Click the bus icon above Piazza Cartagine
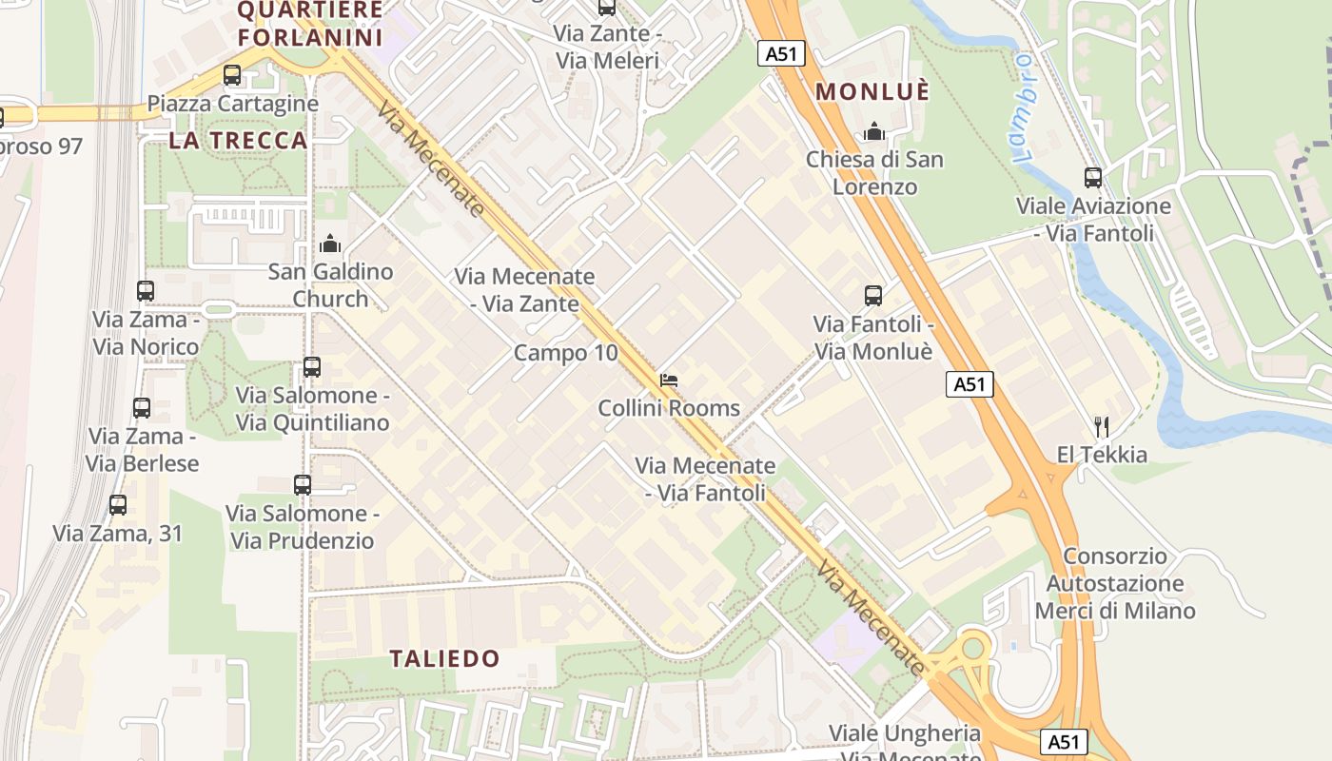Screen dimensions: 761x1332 [232, 75]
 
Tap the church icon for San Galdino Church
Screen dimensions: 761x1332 [330, 244]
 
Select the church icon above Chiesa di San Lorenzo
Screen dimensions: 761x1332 [874, 131]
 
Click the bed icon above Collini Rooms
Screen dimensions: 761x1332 [669, 380]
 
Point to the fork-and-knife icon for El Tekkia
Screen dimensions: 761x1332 [1102, 426]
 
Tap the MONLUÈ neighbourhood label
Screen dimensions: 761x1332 [873, 92]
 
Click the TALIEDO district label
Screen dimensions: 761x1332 [445, 658]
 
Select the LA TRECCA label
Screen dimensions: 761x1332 [238, 141]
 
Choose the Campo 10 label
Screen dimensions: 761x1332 [565, 353]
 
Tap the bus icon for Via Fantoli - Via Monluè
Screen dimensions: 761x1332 [873, 296]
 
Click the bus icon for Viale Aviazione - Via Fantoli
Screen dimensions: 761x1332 [1093, 177]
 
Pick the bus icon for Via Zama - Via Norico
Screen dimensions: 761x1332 [146, 291]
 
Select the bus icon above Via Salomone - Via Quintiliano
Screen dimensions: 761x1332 [312, 367]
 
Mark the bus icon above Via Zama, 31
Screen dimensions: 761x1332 [118, 505]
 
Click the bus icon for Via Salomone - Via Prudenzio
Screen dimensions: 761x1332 [303, 485]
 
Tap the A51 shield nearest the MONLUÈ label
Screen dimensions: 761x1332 [781, 54]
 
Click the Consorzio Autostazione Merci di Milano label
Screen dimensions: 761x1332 [1115, 583]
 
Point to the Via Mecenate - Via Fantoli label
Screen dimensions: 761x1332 [705, 479]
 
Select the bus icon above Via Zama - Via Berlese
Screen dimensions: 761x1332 [142, 408]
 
